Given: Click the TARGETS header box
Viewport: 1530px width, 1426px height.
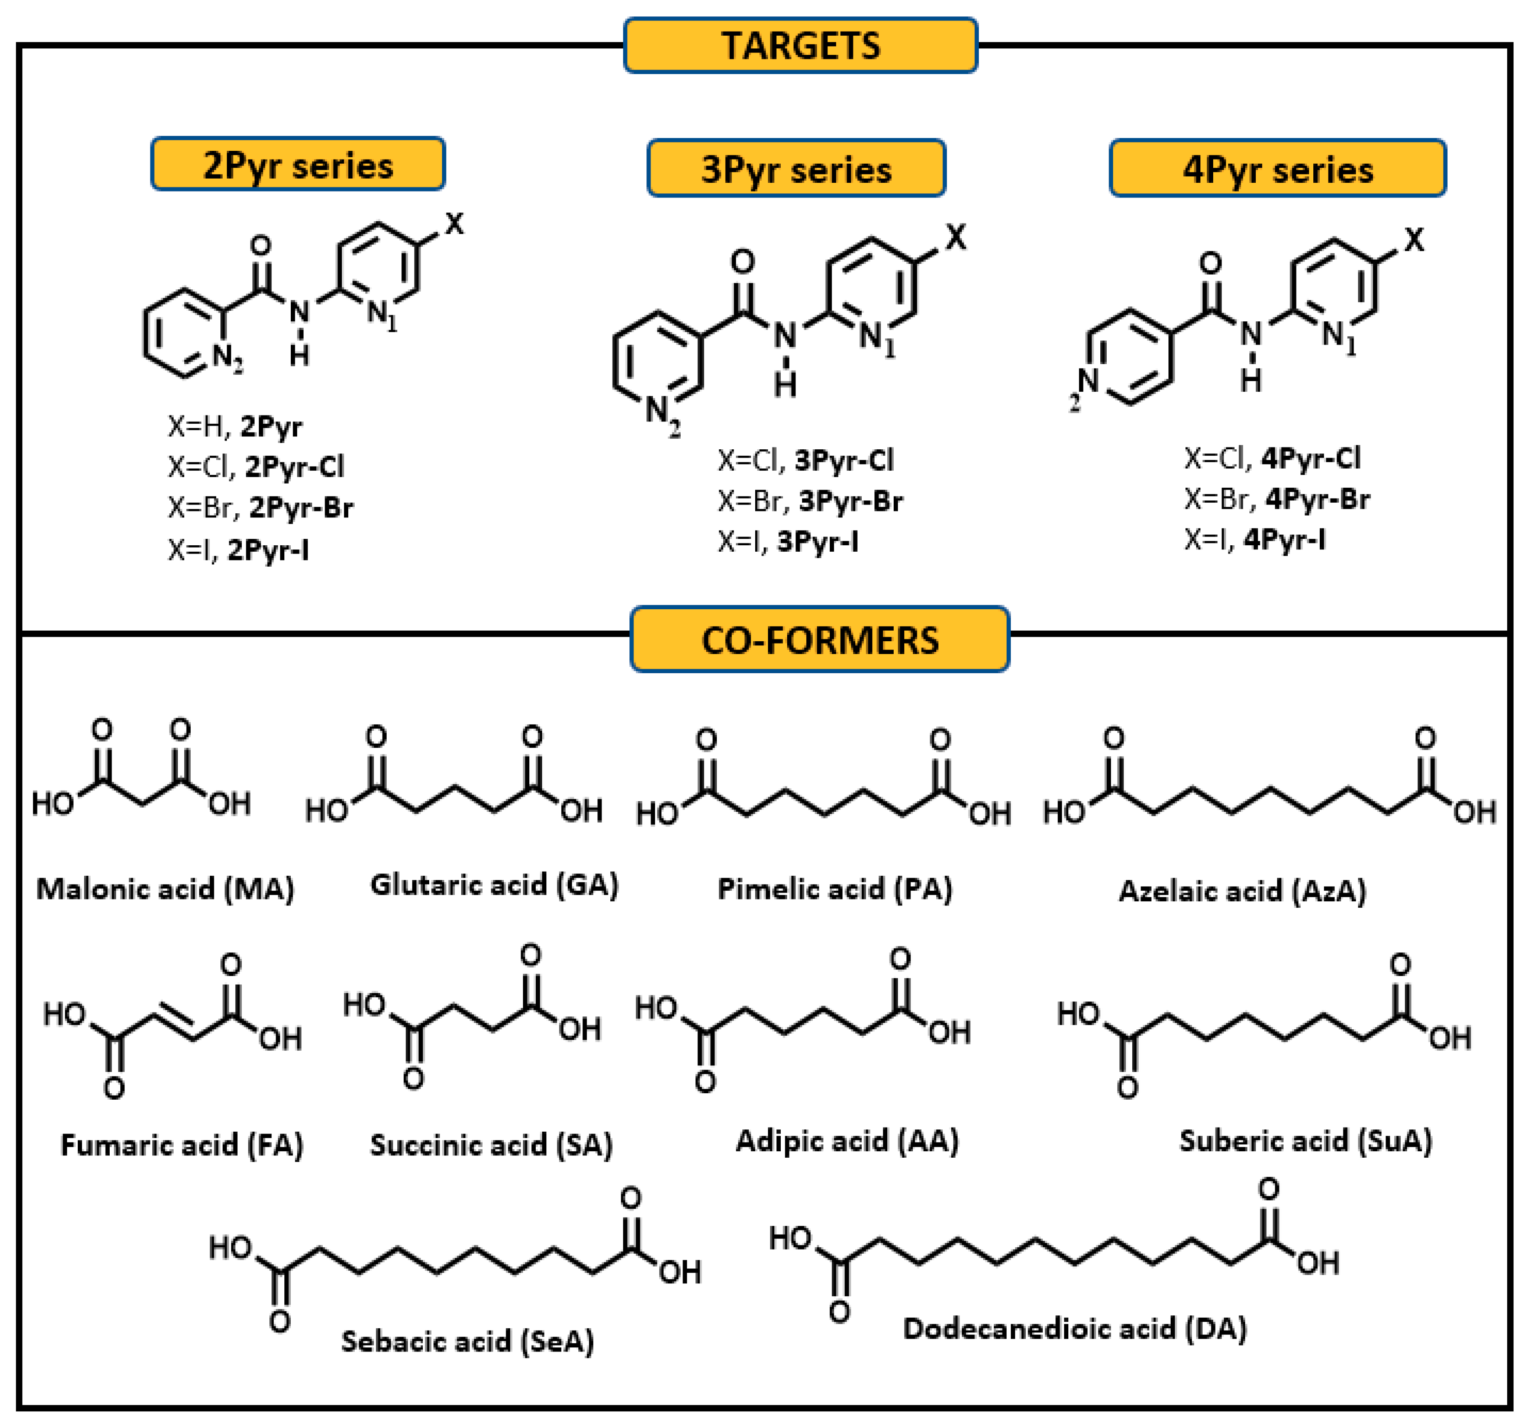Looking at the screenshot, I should click(800, 45).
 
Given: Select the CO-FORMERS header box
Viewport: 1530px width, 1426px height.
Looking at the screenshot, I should click(820, 639).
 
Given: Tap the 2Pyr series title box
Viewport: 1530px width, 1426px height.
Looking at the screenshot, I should click(298, 165).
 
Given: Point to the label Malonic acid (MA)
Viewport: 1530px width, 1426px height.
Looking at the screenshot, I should click(165, 889).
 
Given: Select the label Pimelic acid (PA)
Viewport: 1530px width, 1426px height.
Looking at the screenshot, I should click(835, 889).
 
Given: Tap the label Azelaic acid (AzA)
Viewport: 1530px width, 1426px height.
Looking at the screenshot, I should click(1242, 890).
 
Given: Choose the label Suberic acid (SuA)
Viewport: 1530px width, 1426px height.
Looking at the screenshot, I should click(1306, 1140).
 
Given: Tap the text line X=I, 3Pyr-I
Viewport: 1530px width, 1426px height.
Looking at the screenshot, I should click(788, 542).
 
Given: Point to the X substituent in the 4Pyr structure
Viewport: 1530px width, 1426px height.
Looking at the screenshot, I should click(1414, 240).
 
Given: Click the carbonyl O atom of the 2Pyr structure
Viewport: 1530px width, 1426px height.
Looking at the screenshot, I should click(261, 245).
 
